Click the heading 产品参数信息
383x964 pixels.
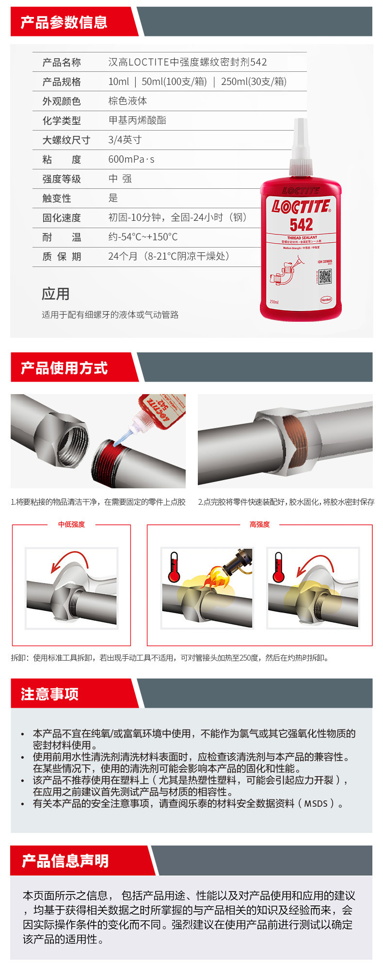64,22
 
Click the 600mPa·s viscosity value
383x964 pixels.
131,159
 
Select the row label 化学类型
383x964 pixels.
62,120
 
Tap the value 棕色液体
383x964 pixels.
128,101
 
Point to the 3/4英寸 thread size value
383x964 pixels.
125,140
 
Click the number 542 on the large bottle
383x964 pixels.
301,225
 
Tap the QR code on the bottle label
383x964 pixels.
325,276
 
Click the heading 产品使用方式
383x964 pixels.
64,368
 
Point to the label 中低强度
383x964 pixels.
71,524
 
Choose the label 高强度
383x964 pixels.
259,524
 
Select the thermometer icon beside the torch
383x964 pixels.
174,567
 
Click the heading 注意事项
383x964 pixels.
49,694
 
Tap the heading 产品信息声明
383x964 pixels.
65,861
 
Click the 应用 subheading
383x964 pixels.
55,294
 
